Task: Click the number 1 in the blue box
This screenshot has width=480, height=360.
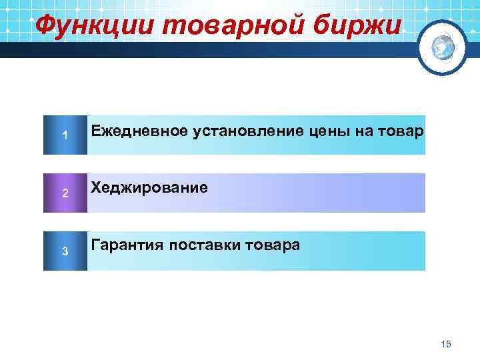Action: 65,136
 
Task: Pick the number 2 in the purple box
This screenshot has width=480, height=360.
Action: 65,193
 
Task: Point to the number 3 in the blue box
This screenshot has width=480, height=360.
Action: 65,251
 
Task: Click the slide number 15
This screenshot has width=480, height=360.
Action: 446,343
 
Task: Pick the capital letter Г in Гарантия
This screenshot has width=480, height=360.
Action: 95,245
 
